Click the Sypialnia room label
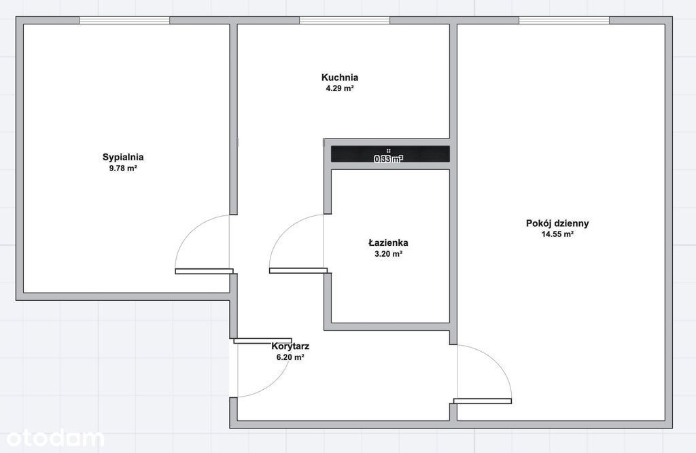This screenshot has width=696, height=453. [x=123, y=157]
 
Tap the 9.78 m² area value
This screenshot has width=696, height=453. [x=123, y=168]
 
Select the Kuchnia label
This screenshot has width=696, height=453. [x=340, y=77]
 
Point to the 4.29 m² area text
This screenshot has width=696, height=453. [x=340, y=88]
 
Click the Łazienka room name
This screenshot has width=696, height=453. [x=388, y=242]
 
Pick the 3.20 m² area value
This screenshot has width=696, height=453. [x=388, y=254]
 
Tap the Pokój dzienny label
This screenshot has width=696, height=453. [x=557, y=223]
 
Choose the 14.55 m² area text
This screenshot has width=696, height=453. [x=557, y=234]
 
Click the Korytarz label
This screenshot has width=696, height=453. [x=290, y=346]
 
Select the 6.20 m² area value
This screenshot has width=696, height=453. [x=290, y=357]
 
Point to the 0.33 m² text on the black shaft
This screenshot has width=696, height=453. [x=388, y=159]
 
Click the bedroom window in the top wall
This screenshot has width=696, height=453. [x=124, y=20]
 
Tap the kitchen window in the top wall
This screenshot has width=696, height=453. [x=345, y=20]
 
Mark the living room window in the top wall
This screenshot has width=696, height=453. [x=563, y=20]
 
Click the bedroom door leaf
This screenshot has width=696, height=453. [x=204, y=271]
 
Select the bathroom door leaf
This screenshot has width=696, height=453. [x=298, y=271]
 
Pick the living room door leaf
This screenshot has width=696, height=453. [x=483, y=401]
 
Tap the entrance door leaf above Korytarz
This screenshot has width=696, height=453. [x=263, y=341]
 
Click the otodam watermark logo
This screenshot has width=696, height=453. [x=55, y=438]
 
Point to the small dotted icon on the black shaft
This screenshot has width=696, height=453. [x=388, y=151]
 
